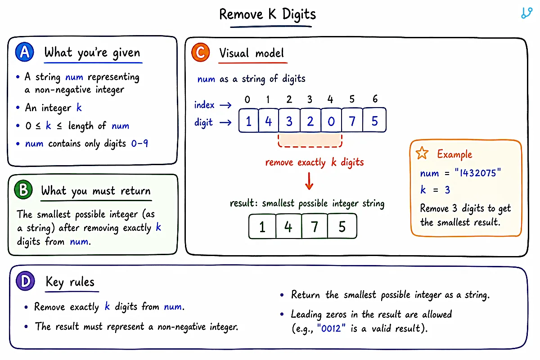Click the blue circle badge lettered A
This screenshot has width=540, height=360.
tap(25, 52)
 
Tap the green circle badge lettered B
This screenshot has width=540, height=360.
tap(23, 190)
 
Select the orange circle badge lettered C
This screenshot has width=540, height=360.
tap(201, 52)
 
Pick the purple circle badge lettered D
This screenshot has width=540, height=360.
tap(25, 281)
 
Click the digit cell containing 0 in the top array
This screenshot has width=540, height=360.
tap(331, 120)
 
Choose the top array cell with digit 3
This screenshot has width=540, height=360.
tap(289, 120)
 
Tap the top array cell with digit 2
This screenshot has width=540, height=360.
tap(310, 120)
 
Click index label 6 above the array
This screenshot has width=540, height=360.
tap(375, 99)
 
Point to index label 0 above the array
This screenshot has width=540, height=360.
tap(247, 99)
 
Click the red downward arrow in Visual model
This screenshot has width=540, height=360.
tap(309, 181)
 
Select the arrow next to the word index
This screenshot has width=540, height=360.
tap(225, 105)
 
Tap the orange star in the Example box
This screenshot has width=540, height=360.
tap(422, 153)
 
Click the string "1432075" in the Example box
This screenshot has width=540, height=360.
tap(477, 173)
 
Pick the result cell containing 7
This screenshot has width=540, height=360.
tap(315, 226)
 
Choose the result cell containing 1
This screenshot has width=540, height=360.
tap(262, 226)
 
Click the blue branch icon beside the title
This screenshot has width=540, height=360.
tap(526, 13)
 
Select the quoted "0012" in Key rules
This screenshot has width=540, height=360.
tap(331, 328)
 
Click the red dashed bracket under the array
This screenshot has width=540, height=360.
tap(310, 146)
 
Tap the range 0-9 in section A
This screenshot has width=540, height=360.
tap(139, 144)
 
